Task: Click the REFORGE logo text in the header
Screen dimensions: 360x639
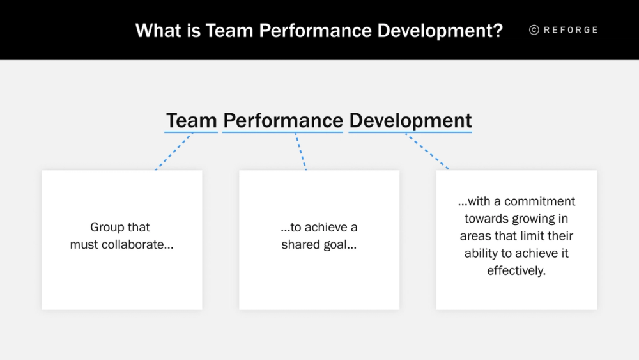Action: click(571, 30)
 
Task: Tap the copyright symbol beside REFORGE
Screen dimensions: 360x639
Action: click(534, 30)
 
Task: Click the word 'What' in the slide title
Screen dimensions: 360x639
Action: click(156, 30)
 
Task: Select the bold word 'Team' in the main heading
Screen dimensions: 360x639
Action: click(191, 120)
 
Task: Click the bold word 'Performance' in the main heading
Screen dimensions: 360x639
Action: click(283, 120)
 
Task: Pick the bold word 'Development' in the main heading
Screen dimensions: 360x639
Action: click(410, 120)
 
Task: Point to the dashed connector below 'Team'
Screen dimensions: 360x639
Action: click(174, 152)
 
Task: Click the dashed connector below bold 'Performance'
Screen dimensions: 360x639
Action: click(300, 152)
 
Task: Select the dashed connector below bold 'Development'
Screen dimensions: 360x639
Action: click(427, 152)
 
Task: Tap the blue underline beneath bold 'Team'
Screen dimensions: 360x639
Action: click(191, 132)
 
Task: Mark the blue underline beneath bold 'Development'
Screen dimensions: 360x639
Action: click(410, 132)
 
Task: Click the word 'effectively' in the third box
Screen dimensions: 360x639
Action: click(515, 270)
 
